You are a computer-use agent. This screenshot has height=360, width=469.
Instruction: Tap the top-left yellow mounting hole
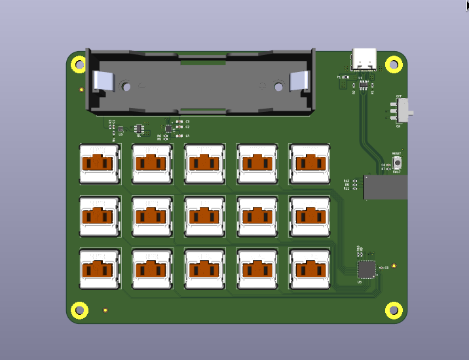point(78,64)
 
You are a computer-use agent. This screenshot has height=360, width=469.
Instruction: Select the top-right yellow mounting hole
point(393,64)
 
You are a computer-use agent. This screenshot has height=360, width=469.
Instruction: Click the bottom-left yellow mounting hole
point(79,310)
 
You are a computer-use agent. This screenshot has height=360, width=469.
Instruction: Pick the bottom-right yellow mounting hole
point(393,310)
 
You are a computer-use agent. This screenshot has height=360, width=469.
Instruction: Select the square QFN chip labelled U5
point(367,269)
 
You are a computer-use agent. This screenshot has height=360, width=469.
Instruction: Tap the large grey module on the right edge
point(386,187)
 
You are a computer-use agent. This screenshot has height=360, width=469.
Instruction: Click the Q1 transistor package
point(139,128)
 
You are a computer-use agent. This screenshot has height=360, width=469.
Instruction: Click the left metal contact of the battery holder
point(104,81)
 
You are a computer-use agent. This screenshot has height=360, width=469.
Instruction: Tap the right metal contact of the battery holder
point(298,81)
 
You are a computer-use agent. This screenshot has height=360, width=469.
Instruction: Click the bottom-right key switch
point(309,268)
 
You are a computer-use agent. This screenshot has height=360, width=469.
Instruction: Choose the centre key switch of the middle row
point(204,216)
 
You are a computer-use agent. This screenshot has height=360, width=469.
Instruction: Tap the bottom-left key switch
point(100,268)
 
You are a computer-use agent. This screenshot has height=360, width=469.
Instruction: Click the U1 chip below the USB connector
point(362,84)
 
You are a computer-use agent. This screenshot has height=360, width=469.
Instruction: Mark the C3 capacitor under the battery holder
point(180,122)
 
